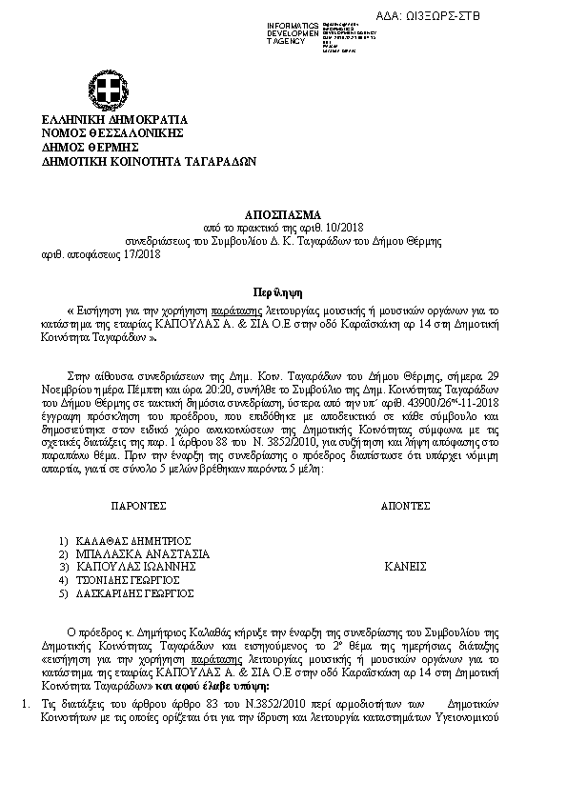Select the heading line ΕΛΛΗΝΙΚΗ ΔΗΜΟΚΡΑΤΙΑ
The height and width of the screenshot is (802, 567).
coord(114,119)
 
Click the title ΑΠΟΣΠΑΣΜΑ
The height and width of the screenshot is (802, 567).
coord(283,215)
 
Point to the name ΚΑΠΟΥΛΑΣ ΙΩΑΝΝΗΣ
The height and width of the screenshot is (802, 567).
coord(137,566)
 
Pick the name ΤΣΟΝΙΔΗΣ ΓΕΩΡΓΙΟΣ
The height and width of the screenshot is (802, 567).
coord(129,579)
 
